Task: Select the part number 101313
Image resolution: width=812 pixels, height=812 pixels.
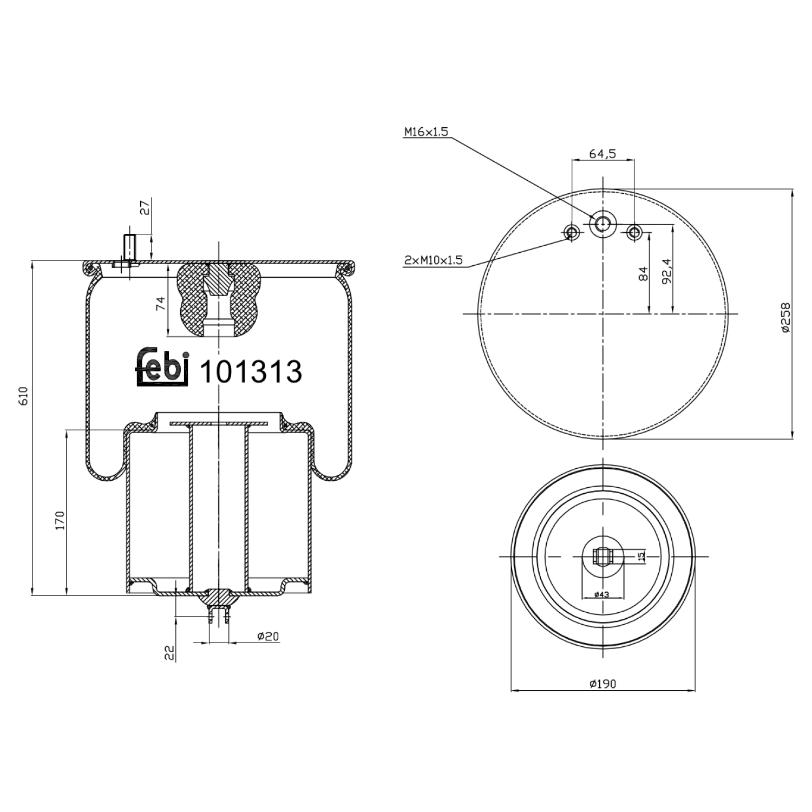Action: [251, 372]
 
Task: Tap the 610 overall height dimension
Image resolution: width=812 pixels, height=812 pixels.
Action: [23, 397]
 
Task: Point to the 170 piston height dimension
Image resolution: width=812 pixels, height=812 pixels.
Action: [60, 520]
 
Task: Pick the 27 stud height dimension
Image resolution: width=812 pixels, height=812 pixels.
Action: [145, 207]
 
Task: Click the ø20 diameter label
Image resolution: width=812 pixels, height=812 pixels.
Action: [268, 637]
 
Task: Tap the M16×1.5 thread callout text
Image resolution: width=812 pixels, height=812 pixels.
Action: [426, 132]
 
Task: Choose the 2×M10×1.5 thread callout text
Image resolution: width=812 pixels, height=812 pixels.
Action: [434, 260]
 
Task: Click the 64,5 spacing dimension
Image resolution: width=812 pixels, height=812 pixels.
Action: [603, 154]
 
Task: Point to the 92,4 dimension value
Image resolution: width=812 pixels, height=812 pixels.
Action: [666, 271]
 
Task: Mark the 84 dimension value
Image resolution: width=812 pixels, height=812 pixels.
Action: [643, 274]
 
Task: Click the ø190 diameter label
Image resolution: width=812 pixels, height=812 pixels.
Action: [603, 684]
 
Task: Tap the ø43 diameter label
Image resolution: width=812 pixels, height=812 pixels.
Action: [601, 594]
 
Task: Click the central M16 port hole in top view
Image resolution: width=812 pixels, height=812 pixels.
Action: [602, 222]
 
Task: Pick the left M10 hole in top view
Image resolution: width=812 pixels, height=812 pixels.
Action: [571, 233]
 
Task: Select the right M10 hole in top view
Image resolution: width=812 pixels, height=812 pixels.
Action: [634, 233]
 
